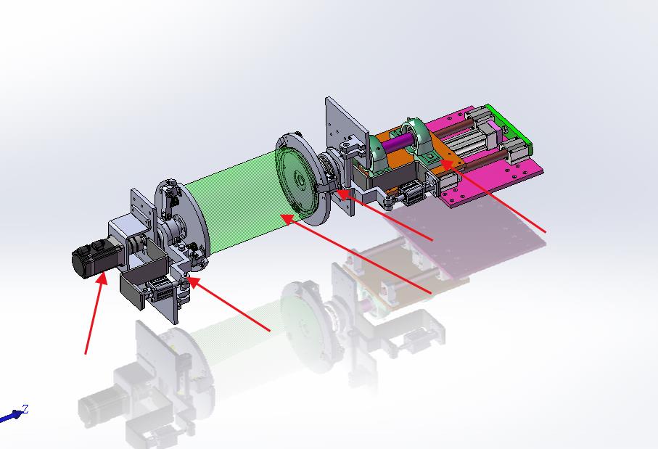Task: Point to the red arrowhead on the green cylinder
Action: [287, 218]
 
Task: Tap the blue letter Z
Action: [25, 408]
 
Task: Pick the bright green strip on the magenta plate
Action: [510, 126]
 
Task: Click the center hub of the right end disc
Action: [300, 181]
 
